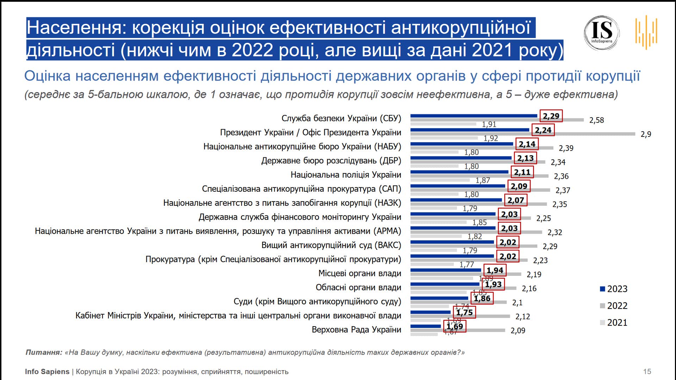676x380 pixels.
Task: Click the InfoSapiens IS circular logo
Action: click(x=602, y=33)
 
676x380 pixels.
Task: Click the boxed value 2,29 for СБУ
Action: click(x=551, y=116)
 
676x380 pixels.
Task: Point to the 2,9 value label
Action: click(x=646, y=134)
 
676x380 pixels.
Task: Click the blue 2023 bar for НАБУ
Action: click(x=462, y=144)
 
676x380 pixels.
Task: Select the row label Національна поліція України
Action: click(x=346, y=175)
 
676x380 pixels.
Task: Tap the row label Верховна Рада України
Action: click(x=356, y=330)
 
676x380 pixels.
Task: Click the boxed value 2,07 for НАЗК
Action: click(x=516, y=200)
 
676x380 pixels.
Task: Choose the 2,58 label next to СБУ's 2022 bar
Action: click(x=596, y=120)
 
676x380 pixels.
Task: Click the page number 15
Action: click(x=647, y=372)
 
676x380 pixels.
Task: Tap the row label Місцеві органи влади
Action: click(x=359, y=273)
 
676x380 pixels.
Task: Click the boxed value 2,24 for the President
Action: click(x=543, y=130)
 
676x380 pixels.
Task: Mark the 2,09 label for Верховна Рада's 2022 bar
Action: click(x=518, y=331)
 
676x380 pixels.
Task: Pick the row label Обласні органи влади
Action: click(x=358, y=287)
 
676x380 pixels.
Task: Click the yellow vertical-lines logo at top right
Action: click(x=646, y=32)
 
